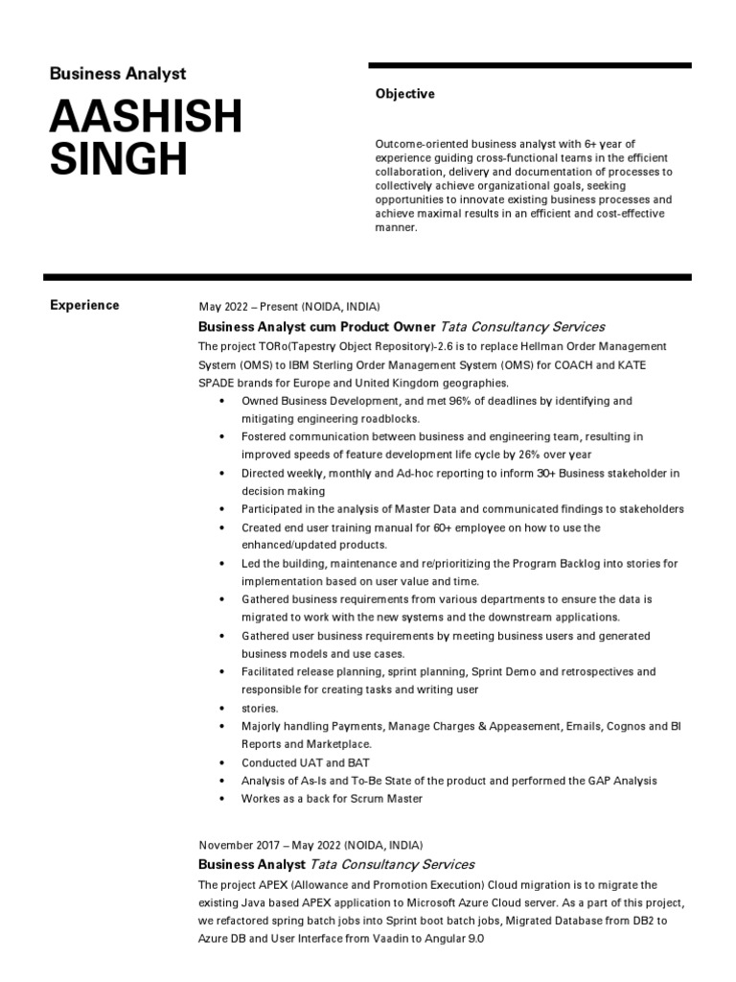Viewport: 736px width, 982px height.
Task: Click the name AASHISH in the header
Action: pyautogui.click(x=145, y=118)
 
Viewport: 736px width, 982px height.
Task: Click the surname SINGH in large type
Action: pyautogui.click(x=118, y=159)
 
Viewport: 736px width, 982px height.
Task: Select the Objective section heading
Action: pyautogui.click(x=404, y=94)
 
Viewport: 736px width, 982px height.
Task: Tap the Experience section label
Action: pyautogui.click(x=84, y=305)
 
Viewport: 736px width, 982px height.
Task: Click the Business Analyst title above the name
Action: pyautogui.click(x=117, y=74)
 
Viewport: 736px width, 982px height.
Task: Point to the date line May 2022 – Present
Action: pyautogui.click(x=288, y=307)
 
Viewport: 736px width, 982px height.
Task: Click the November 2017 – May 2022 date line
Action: pyautogui.click(x=310, y=845)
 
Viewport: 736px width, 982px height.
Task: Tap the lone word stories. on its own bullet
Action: pyautogui.click(x=260, y=708)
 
